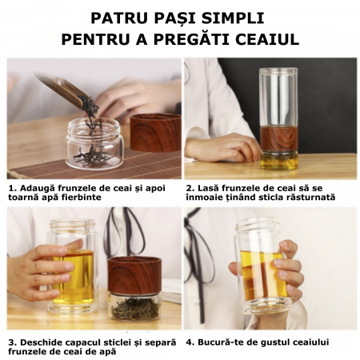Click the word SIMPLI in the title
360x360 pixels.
point(233,18)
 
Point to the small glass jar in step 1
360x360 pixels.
point(95,143)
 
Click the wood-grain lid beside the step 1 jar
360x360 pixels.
point(156,133)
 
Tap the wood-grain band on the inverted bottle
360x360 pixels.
point(278,139)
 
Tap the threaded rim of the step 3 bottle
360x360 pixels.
point(72,226)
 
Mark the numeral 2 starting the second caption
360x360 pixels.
point(189,188)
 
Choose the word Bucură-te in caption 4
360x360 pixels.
point(221,342)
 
